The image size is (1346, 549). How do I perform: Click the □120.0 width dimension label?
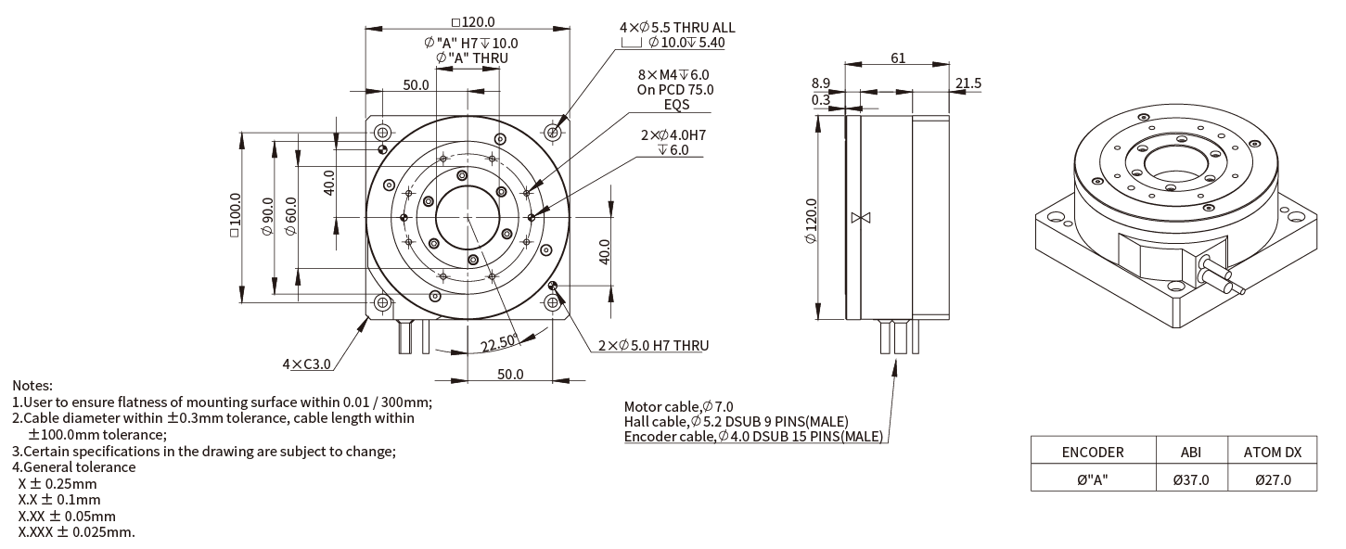click(473, 21)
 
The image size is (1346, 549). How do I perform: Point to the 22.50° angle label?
click(499, 343)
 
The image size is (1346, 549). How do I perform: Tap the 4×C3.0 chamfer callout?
click(306, 364)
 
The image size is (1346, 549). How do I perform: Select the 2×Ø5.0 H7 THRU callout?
click(653, 345)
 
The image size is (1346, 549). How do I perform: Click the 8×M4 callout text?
click(673, 74)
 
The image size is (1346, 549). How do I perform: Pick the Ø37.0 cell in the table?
click(1191, 480)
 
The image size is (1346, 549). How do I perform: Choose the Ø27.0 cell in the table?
click(1273, 480)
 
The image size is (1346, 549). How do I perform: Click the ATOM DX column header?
click(1273, 453)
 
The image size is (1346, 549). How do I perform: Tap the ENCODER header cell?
click(1093, 453)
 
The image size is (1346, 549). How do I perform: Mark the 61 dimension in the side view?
click(898, 57)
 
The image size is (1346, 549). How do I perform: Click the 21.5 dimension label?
click(968, 83)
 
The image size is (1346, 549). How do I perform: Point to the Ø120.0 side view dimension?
click(811, 221)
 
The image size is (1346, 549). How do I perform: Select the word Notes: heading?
click(32, 386)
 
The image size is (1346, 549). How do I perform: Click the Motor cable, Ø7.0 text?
click(678, 406)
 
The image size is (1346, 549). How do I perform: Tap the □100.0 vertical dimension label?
click(235, 215)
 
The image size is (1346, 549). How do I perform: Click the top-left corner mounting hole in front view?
click(383, 132)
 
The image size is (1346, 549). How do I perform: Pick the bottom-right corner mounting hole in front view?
click(553, 302)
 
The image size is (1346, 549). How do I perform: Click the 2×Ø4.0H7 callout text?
click(673, 135)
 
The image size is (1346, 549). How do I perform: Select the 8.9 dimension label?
click(821, 83)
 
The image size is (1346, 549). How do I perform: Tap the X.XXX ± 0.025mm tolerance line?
click(76, 532)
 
